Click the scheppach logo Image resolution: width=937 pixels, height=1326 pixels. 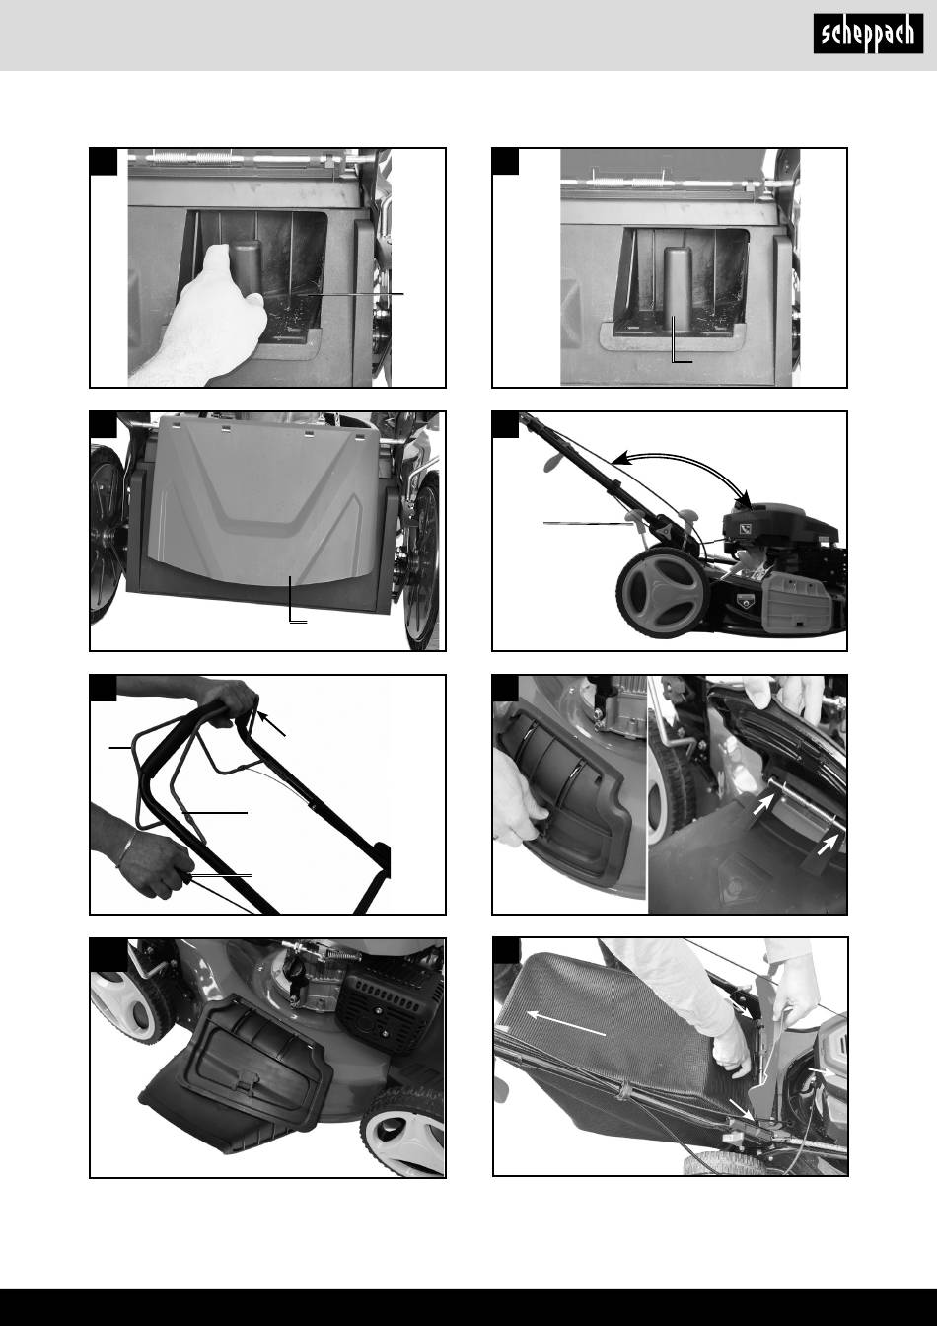point(868,34)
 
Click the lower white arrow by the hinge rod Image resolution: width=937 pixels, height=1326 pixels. point(828,845)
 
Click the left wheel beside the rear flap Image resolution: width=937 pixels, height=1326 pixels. point(107,533)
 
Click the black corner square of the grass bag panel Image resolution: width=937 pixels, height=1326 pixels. point(506,951)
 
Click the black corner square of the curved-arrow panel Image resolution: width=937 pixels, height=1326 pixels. point(506,425)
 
